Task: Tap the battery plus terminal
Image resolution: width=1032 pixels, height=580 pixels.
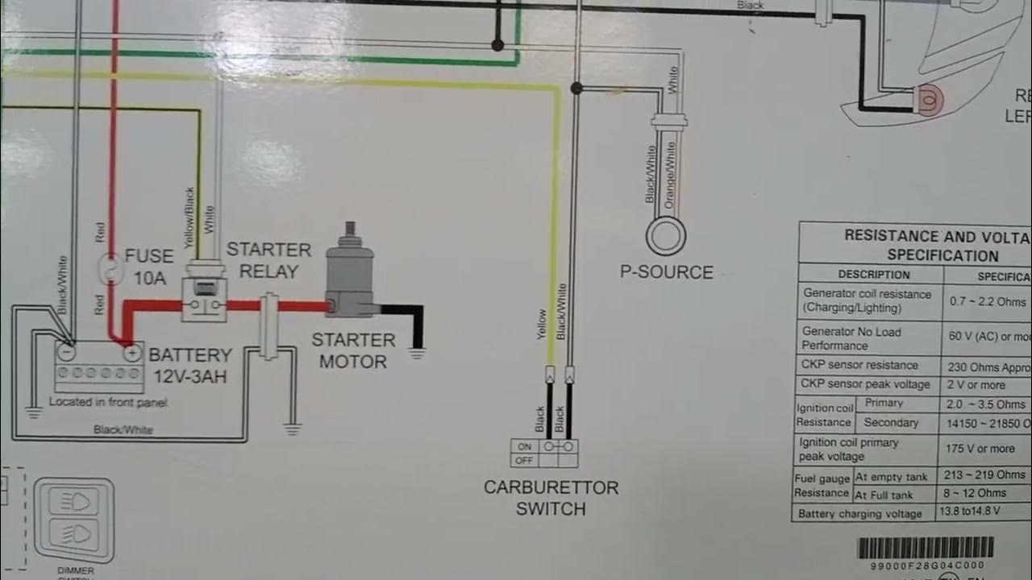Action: pyautogui.click(x=129, y=352)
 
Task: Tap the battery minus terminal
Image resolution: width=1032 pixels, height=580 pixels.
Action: pyautogui.click(x=68, y=352)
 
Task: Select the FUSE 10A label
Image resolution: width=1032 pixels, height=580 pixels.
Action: pyautogui.click(x=149, y=267)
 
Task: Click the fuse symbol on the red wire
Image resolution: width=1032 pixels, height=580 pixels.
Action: pyautogui.click(x=109, y=270)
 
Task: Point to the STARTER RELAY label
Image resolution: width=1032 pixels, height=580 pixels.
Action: pyautogui.click(x=268, y=260)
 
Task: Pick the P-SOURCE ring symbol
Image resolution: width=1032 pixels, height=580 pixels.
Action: pyautogui.click(x=666, y=237)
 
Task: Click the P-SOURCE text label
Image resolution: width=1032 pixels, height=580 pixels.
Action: pyautogui.click(x=666, y=272)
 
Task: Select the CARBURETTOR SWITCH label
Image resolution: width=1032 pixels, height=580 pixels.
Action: pyautogui.click(x=551, y=498)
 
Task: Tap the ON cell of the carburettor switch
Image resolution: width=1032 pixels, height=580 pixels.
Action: pyautogui.click(x=524, y=446)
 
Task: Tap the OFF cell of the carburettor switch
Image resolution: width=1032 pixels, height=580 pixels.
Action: pyautogui.click(x=524, y=461)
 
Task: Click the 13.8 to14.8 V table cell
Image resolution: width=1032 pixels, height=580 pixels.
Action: pyautogui.click(x=972, y=511)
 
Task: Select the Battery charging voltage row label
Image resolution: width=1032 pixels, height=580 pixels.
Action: pyautogui.click(x=859, y=513)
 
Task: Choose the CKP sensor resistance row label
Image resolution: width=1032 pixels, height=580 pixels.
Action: pyautogui.click(x=859, y=365)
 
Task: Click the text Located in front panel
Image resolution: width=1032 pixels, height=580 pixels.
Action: pyautogui.click(x=107, y=401)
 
